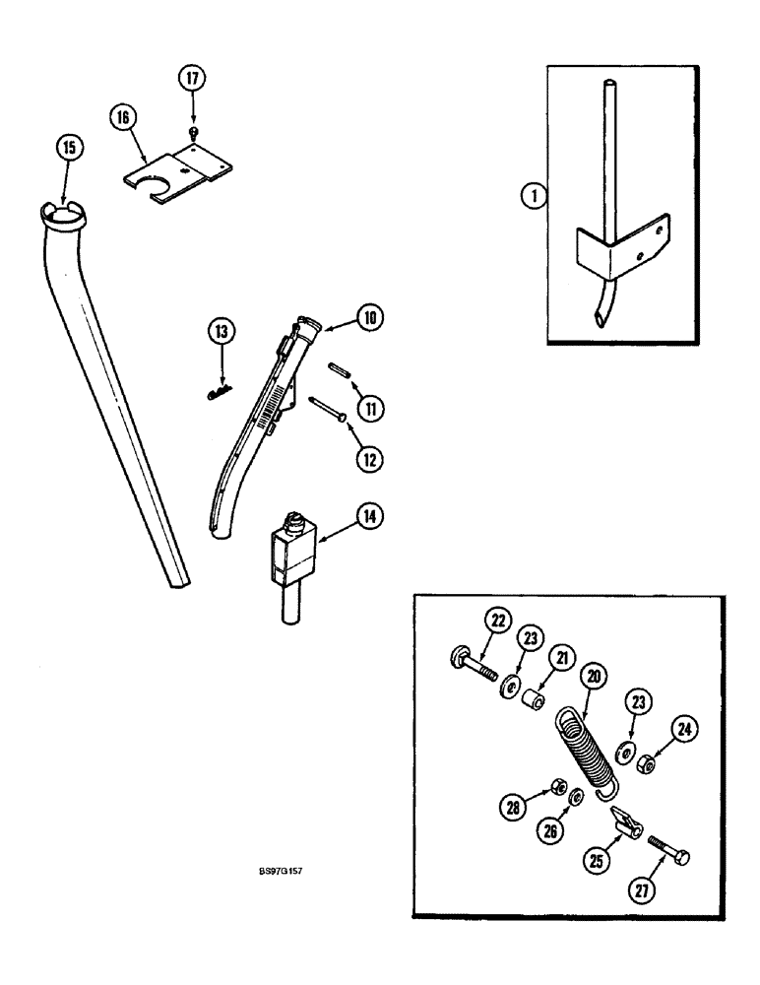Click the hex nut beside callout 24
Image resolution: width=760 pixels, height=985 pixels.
coord(643,764)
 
